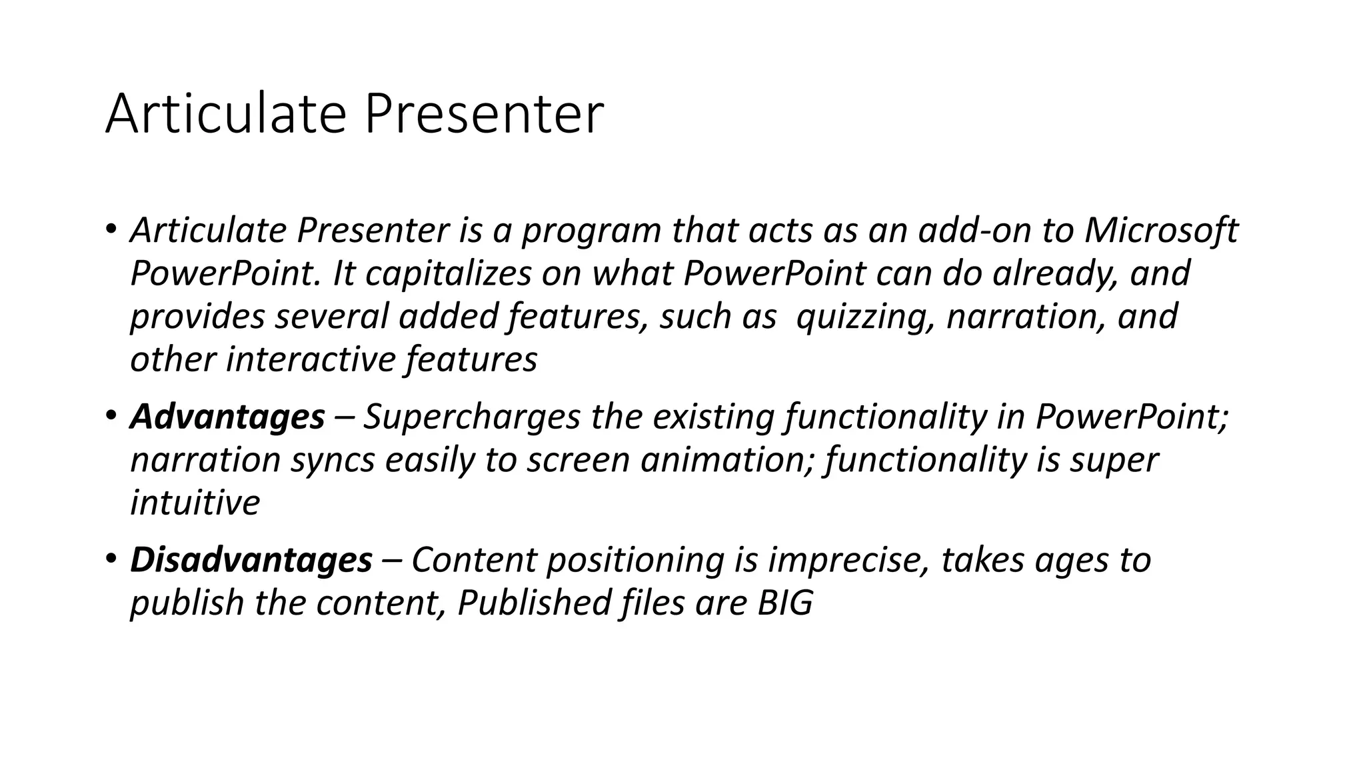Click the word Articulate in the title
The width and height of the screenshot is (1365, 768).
tap(226, 114)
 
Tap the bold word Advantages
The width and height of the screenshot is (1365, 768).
tap(227, 417)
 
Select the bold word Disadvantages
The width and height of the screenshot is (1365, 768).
tap(251, 559)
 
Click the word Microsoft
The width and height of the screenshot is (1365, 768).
tap(1160, 231)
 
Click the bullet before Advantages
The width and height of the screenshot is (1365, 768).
tap(111, 417)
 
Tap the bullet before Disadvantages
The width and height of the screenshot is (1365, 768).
tap(111, 559)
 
